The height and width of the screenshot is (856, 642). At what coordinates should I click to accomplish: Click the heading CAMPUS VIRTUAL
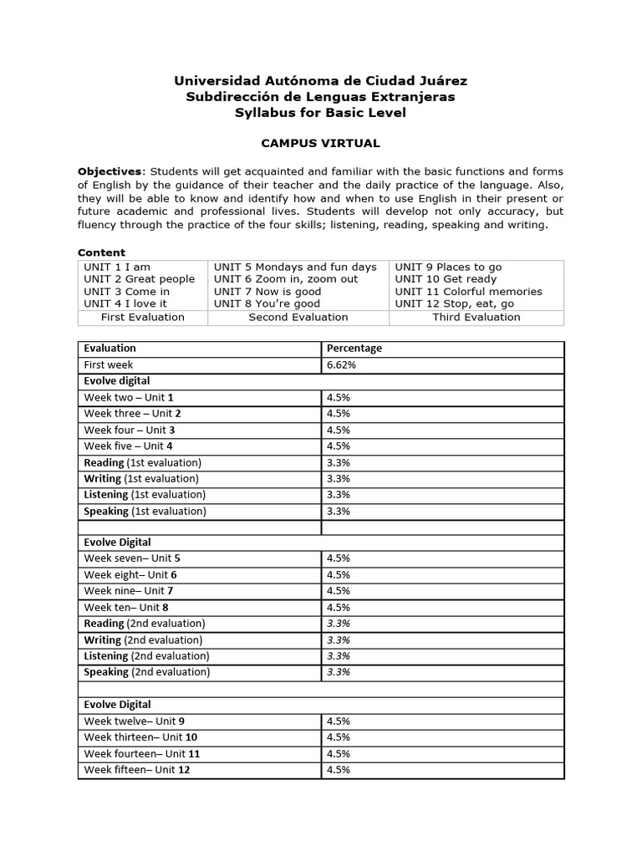click(320, 143)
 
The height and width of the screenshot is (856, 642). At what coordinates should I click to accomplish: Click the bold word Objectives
click(110, 171)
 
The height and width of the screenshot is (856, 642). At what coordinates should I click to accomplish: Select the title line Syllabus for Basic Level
click(320, 113)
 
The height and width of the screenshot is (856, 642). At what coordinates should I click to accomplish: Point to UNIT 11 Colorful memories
click(468, 291)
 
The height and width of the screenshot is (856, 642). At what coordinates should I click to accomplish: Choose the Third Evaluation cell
click(476, 317)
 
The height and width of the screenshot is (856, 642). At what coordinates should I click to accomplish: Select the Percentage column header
click(354, 348)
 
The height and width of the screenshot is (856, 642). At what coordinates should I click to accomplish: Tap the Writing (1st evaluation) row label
click(141, 478)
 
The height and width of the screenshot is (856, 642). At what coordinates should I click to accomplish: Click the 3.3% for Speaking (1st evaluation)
click(338, 511)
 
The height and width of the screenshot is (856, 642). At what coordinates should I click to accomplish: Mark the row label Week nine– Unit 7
click(129, 591)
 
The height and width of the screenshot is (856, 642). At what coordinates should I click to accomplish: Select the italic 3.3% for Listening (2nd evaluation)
click(338, 655)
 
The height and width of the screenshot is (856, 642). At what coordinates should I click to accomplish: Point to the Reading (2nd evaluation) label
click(144, 624)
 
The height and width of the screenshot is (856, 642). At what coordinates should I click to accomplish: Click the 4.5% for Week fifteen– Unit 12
click(338, 769)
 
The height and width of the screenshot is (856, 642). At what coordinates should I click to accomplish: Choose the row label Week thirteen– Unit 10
click(140, 736)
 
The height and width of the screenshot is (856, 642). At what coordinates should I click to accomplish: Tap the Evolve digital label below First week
click(117, 380)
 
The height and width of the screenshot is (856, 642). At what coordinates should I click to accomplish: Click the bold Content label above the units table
click(101, 252)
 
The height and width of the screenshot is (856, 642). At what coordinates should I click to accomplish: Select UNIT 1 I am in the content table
click(117, 267)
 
